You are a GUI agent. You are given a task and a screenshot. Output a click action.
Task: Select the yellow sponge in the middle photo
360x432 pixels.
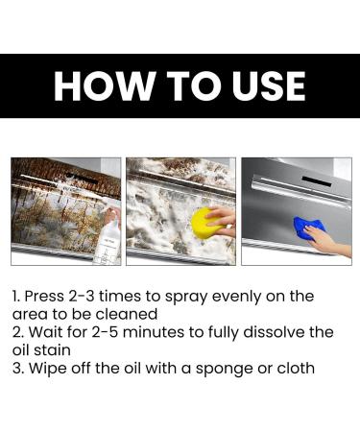206,224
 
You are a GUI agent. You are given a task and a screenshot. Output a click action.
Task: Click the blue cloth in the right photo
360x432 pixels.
309,228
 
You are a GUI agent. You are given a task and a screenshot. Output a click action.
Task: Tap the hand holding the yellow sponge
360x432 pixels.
225,217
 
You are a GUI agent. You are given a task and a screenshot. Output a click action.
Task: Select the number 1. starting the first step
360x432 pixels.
16,297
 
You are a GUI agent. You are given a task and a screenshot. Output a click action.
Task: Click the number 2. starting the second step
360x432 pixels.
17,332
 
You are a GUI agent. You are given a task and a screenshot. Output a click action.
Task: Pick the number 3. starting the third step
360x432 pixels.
17,368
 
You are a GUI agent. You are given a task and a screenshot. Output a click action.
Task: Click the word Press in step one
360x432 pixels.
46,297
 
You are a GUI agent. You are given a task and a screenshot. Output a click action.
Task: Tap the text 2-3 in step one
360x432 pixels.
91,297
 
